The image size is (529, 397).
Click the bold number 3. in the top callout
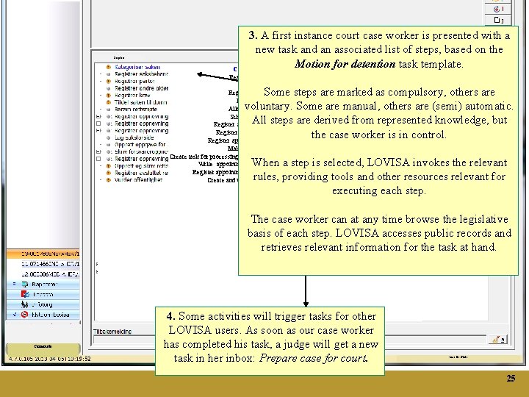[253, 35]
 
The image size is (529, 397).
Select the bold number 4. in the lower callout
[171, 316]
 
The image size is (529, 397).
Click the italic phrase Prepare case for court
[323, 358]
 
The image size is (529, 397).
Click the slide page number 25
[511, 379]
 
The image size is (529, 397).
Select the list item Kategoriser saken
[138, 67]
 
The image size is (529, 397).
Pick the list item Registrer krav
[132, 95]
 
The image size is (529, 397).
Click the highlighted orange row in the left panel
[45, 253]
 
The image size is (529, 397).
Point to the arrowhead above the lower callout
[305, 300]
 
